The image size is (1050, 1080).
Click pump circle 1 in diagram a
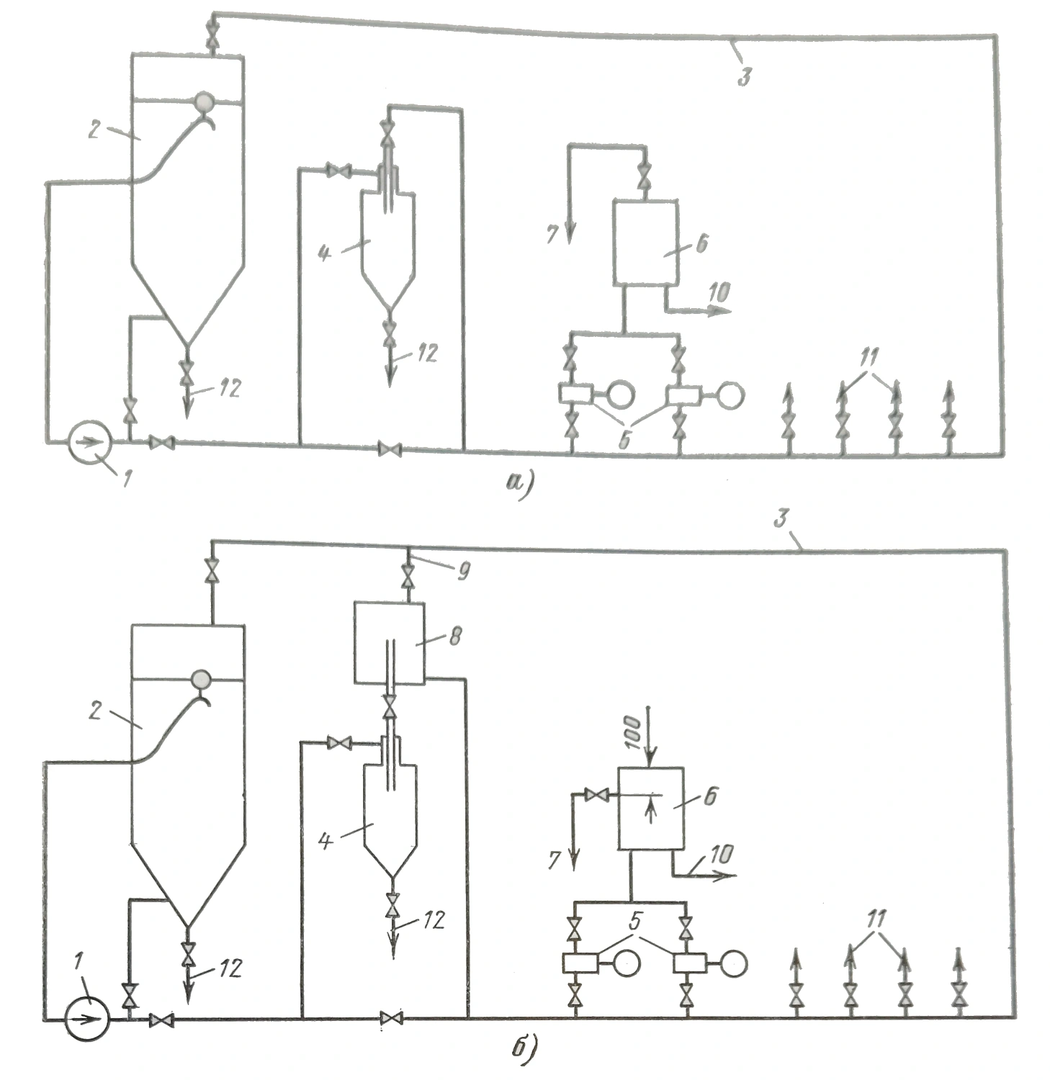(89, 441)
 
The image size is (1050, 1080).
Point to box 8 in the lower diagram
(389, 643)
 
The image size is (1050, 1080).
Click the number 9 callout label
(463, 571)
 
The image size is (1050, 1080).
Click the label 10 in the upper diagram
(717, 292)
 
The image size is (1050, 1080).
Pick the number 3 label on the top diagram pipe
(745, 76)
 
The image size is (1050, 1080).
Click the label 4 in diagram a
(326, 253)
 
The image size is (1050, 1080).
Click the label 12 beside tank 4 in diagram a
(428, 354)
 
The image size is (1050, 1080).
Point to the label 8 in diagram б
(454, 636)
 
